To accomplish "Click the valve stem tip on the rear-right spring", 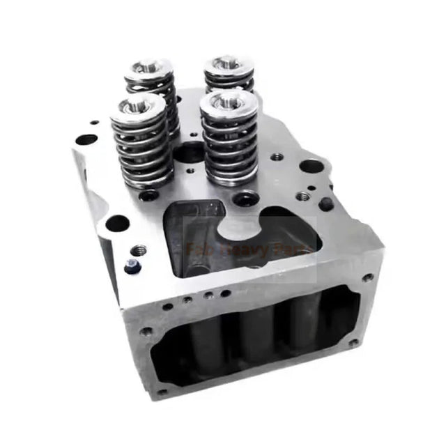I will pyautogui.click(x=229, y=64).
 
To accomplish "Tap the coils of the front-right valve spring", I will pyautogui.click(x=229, y=146).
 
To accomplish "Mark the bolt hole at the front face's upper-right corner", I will pyautogui.click(x=367, y=277).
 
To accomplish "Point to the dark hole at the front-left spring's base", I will pyautogui.click(x=148, y=196).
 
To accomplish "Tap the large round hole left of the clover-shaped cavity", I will pyautogui.click(x=116, y=223).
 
